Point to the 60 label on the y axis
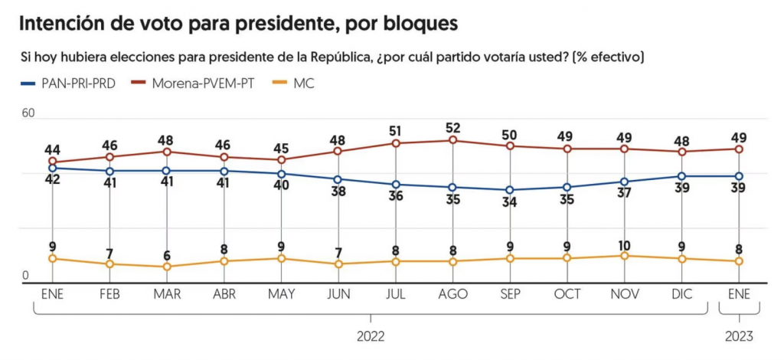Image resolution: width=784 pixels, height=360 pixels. tap(28, 113)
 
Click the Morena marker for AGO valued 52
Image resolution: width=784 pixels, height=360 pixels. tap(452, 140)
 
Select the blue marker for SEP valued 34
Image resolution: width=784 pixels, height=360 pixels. tap(510, 190)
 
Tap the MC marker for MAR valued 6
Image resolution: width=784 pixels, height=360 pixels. tap(166, 267)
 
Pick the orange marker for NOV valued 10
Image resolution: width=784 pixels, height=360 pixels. tap(625, 256)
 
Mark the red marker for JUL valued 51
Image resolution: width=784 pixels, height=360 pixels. tap(396, 143)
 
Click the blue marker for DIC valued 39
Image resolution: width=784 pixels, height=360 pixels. tap(681, 176)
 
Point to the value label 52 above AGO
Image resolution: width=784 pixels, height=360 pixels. tap(452, 127)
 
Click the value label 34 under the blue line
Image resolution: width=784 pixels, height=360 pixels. tap(510, 204)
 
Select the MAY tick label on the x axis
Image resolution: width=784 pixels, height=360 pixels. tap(281, 294)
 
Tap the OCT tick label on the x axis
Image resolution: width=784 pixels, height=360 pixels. tap(567, 294)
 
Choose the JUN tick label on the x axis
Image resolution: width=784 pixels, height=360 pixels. tap(338, 294)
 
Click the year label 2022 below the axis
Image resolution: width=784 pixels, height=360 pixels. tap(371, 336)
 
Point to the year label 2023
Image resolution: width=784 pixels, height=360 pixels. tap(739, 336)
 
